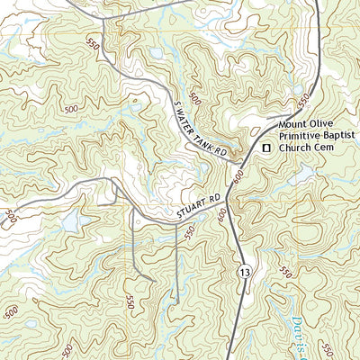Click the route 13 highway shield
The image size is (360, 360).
click(x=244, y=270)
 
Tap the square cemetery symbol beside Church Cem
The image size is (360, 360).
click(x=265, y=147)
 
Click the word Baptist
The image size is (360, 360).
click(x=339, y=136)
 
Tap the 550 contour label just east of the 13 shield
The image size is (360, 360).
click(x=286, y=272)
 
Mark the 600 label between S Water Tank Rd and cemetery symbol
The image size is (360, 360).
click(x=238, y=179)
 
